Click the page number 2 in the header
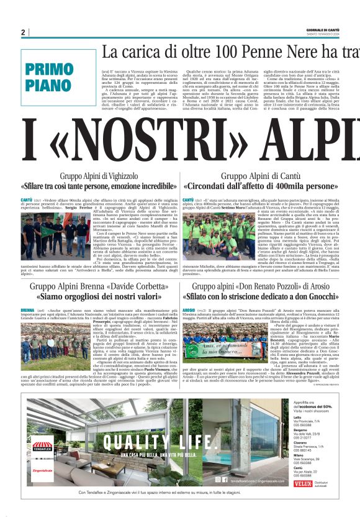(x=23, y=32)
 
